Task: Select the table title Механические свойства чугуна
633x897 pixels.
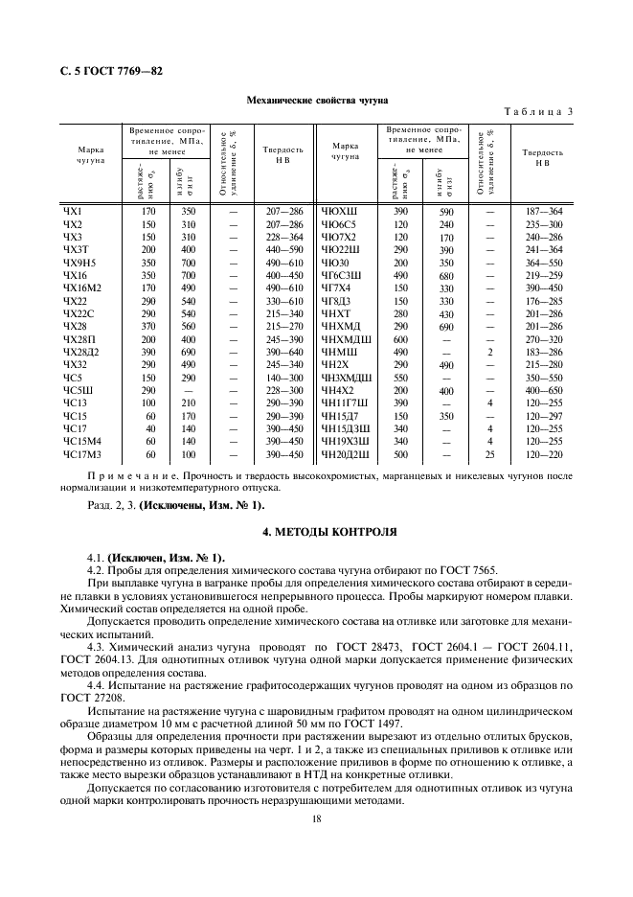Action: [316, 99]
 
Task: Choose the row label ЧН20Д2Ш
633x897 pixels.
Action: [344, 454]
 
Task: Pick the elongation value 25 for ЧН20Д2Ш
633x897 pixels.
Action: [490, 454]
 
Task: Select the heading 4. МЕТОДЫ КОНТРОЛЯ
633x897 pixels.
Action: [316, 530]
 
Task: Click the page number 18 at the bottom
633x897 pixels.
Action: [316, 816]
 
